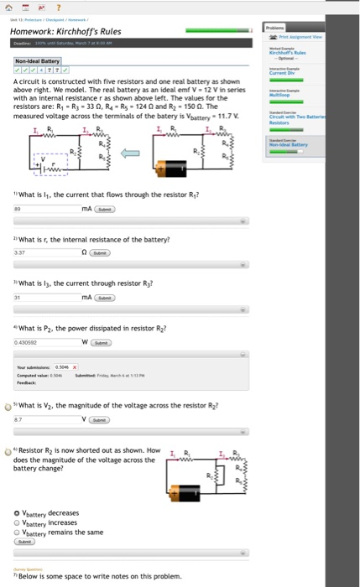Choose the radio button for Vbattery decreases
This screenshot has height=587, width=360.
pos(18,513)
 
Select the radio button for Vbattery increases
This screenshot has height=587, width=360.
pos(18,522)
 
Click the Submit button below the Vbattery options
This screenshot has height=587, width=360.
pos(25,541)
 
